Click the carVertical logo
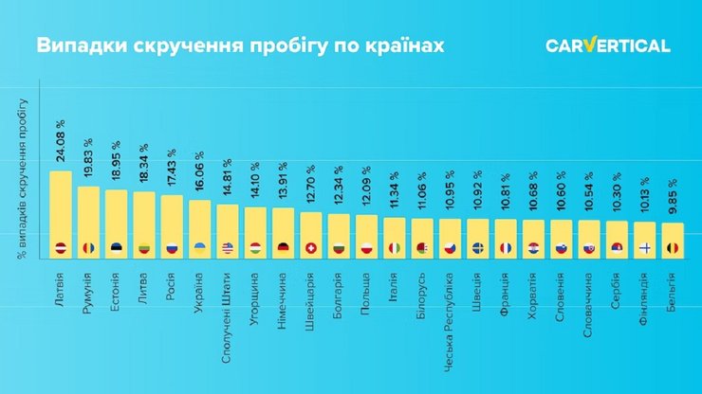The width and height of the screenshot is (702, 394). point(607,45)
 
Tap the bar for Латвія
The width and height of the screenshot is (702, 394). point(61,213)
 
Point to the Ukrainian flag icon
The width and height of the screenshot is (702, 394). point(199,248)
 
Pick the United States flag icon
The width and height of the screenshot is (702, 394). point(227,248)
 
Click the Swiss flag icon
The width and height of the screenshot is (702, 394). point(310,248)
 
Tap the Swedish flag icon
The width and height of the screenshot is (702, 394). point(477,248)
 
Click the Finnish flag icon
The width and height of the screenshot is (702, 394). point(644,248)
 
